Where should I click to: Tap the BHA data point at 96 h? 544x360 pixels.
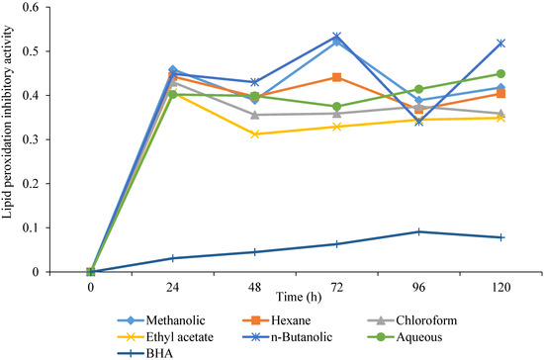click(419, 231)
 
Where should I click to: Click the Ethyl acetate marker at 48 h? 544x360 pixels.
click(255, 134)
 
